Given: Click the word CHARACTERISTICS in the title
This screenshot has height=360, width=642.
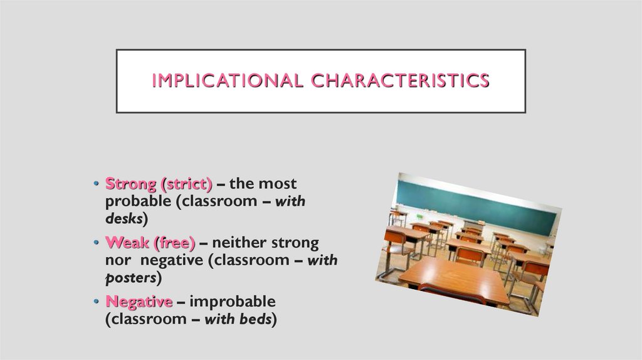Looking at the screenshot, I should click(x=401, y=81).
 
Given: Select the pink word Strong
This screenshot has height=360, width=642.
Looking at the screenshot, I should click(x=130, y=184).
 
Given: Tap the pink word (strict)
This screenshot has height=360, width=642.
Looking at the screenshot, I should click(x=186, y=184).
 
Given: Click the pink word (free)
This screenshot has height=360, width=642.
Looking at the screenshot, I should click(x=171, y=243).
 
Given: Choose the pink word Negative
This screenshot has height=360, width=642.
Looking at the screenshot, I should click(x=139, y=302).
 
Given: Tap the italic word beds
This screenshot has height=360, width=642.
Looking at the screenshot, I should click(x=255, y=319).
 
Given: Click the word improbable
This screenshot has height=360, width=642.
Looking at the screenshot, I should click(x=233, y=302).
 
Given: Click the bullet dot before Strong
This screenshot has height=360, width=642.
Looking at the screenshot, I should click(x=96, y=185).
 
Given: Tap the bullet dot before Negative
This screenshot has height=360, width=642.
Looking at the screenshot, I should click(x=96, y=302).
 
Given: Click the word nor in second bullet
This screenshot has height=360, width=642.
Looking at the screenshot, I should click(x=117, y=260).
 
